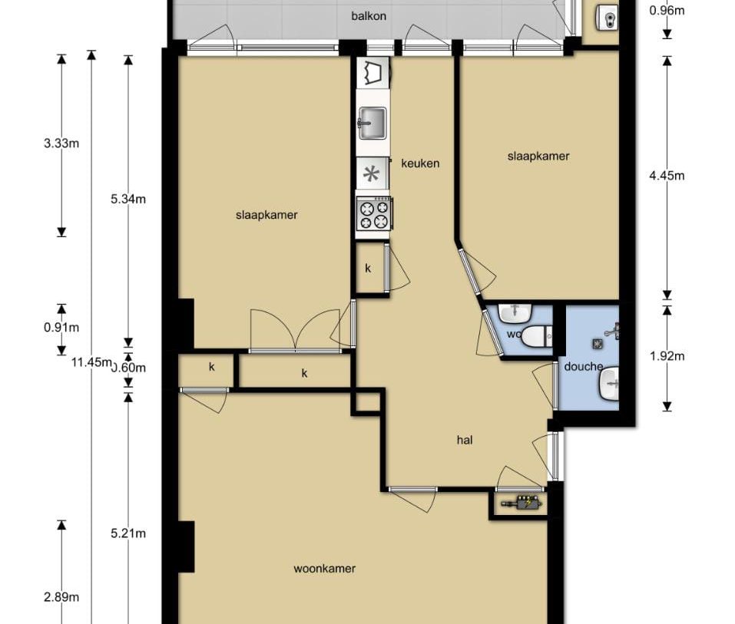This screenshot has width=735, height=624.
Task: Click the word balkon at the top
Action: tap(369, 15)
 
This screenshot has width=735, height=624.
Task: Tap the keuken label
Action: tap(420, 163)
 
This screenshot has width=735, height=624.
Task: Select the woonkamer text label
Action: tap(324, 569)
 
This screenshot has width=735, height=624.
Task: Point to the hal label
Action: tap(464, 440)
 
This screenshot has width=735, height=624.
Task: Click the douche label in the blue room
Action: tap(583, 367)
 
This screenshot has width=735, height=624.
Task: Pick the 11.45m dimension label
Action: tap(91, 362)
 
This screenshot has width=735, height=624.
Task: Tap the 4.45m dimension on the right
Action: tap(666, 176)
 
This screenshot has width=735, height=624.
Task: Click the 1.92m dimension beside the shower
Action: tap(666, 355)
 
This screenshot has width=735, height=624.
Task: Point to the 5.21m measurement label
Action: tap(128, 533)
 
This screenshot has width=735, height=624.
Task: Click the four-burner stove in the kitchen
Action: tap(374, 214)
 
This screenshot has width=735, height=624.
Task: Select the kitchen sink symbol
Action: tap(373, 121)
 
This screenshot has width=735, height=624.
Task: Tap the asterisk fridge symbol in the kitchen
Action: tap(372, 174)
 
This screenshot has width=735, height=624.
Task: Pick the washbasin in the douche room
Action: tap(610, 381)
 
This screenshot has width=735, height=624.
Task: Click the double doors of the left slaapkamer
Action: tap(296, 330)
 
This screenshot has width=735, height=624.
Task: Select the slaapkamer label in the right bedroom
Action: tap(538, 157)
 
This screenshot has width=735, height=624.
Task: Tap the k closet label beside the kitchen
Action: tap(368, 269)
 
